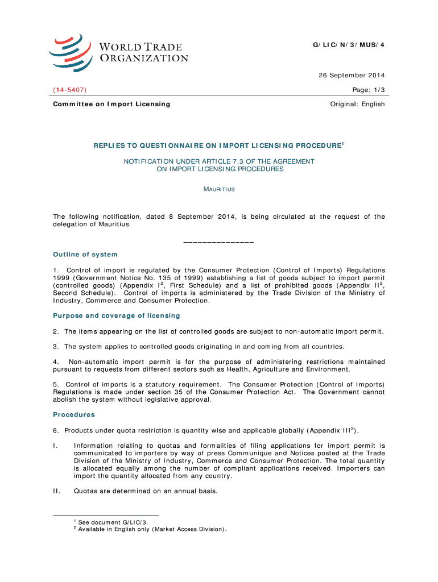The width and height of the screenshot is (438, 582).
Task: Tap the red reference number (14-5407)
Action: point(70,90)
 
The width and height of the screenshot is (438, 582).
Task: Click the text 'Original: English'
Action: point(357,104)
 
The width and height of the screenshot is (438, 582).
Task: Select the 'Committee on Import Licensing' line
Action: point(111,104)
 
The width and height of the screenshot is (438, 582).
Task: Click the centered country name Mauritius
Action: point(219,189)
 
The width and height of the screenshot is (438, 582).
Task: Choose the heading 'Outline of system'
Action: point(85,254)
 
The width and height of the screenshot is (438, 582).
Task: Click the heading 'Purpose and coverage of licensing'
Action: point(117,315)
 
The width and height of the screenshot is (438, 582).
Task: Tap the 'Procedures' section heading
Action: point(74,414)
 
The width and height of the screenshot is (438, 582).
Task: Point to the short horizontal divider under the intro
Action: point(219,243)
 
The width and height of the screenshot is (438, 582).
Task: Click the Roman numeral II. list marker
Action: point(57,491)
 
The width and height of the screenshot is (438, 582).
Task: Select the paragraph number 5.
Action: point(56,384)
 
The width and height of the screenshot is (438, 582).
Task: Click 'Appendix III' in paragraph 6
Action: point(330,430)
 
